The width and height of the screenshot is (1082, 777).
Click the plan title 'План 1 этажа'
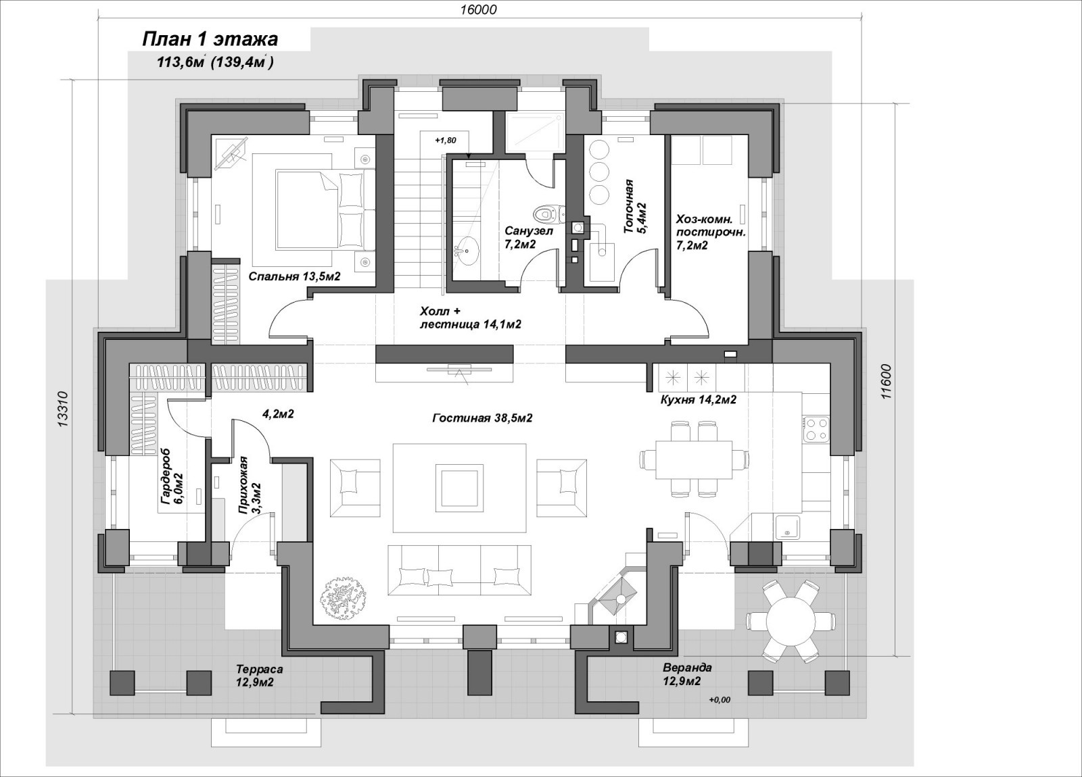tap(210, 40)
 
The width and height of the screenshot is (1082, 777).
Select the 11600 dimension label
tap(885, 381)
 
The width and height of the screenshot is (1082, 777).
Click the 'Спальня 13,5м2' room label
tap(295, 276)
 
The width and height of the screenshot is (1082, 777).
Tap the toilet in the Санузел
tap(550, 214)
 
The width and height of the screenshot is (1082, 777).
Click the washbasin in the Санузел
tap(467, 251)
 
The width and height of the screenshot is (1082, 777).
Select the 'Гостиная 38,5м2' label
tap(482, 418)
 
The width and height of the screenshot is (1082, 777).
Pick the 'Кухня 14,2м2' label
tap(698, 399)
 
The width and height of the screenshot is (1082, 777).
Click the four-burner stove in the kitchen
tap(816, 428)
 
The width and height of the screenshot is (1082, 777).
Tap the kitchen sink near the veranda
tap(787, 528)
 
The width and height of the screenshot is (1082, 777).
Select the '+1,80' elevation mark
tap(446, 141)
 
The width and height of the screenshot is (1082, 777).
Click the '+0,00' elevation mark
tap(720, 700)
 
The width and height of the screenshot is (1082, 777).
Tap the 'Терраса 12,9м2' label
tap(260, 676)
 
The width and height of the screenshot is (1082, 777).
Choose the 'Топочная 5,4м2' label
tap(635, 207)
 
